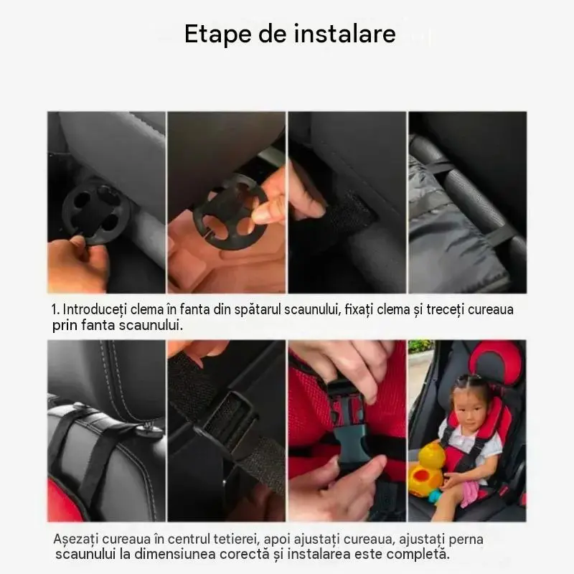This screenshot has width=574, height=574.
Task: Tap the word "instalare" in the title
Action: pyautogui.click(x=345, y=33)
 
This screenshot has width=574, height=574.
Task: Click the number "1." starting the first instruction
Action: pyautogui.click(x=56, y=310)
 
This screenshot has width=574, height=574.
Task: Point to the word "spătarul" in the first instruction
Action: pyautogui.click(x=258, y=311)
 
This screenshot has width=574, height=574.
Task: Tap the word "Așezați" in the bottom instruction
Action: pyautogui.click(x=76, y=540)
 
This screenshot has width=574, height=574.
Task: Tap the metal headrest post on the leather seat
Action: pyautogui.click(x=149, y=427)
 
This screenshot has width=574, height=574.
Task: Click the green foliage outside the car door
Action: pyautogui.click(x=421, y=346)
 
